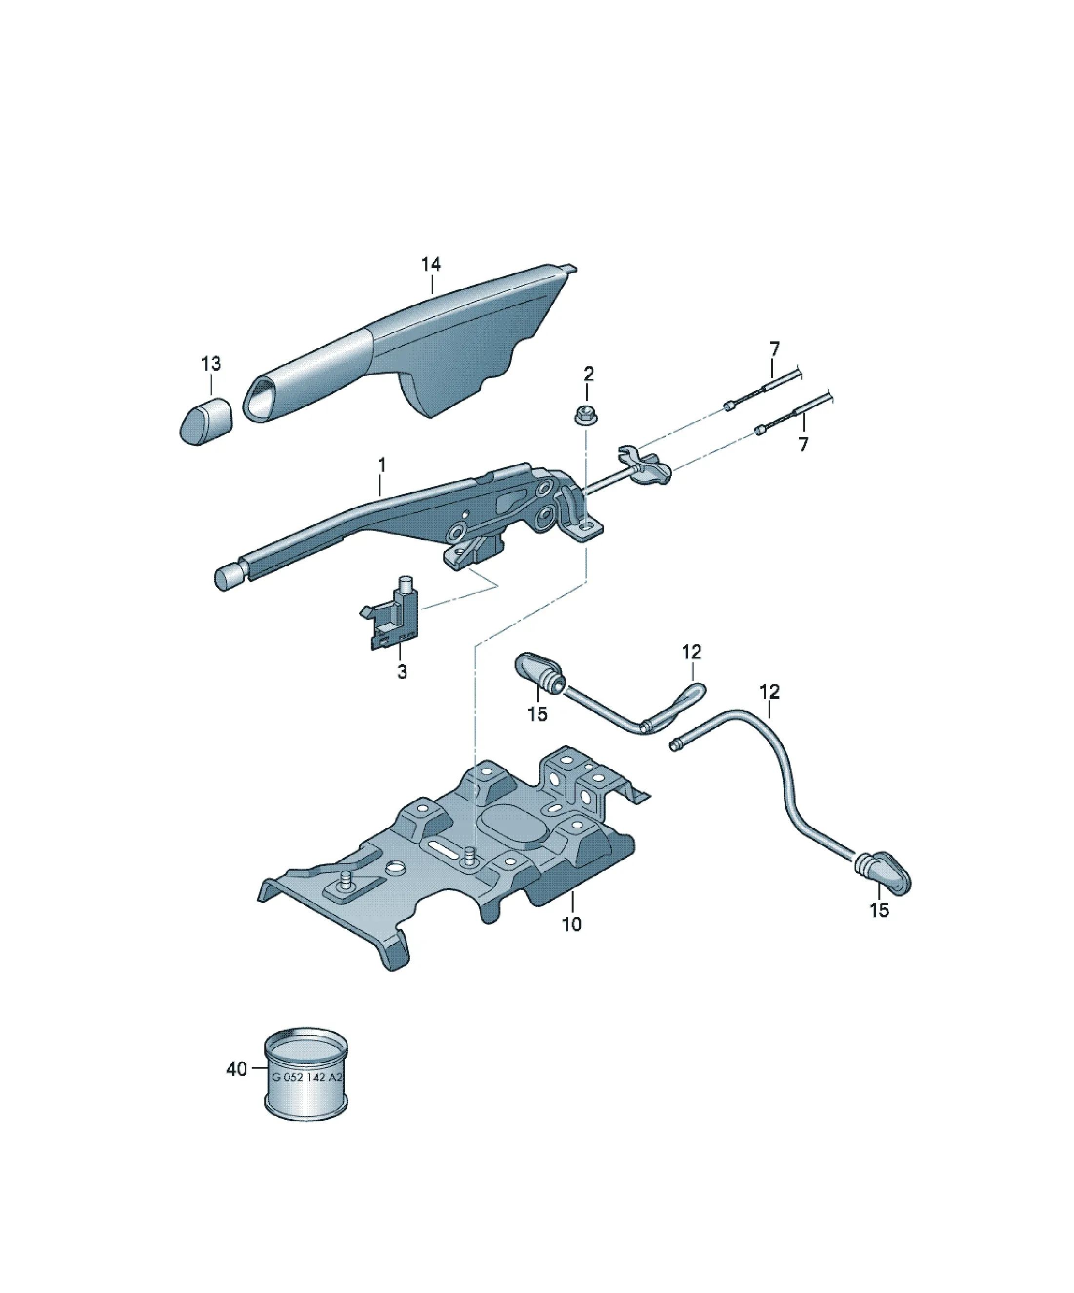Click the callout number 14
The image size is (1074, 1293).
click(x=431, y=264)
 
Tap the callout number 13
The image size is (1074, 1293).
click(x=211, y=364)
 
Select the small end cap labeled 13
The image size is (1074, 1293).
click(x=206, y=421)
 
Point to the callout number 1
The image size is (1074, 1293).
click(x=382, y=465)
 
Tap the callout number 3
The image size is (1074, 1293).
click(x=401, y=672)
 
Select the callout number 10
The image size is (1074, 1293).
click(x=572, y=924)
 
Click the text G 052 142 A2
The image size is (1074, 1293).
click(x=306, y=1078)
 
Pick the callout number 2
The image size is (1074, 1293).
click(x=589, y=374)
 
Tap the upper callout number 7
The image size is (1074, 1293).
click(x=775, y=349)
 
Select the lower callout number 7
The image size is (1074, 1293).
click(x=803, y=444)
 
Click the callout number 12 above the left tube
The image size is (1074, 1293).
click(x=692, y=652)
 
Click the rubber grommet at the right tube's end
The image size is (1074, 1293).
click(x=882, y=873)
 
